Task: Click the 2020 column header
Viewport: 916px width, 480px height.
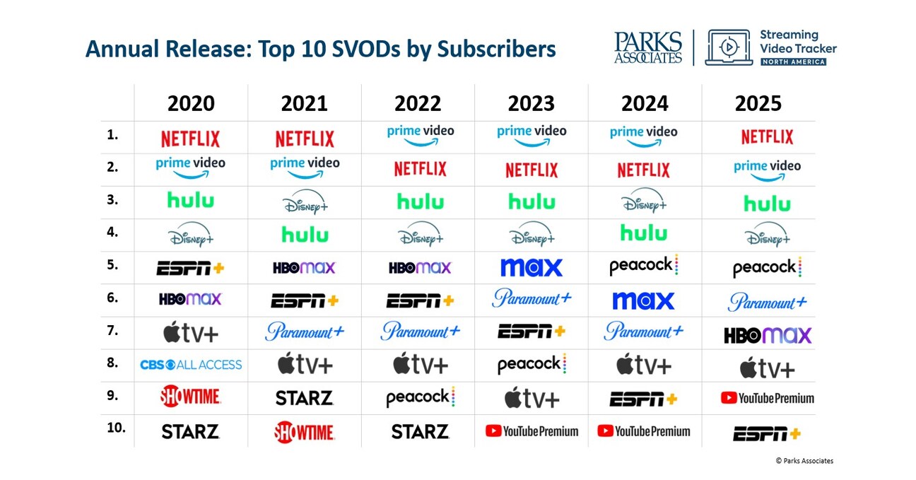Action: click(x=191, y=103)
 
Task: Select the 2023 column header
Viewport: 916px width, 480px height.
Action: click(x=532, y=103)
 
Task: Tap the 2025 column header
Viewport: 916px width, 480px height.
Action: click(x=758, y=103)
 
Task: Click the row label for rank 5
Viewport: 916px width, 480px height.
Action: click(x=112, y=265)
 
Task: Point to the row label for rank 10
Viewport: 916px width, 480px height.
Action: click(x=115, y=428)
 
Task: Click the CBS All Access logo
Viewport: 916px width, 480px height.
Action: click(x=191, y=365)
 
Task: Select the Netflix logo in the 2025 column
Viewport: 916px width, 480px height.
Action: click(x=767, y=136)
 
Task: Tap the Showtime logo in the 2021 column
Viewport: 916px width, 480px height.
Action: click(x=305, y=431)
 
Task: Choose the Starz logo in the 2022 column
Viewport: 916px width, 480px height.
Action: click(x=420, y=431)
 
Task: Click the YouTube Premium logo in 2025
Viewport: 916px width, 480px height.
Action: click(x=767, y=398)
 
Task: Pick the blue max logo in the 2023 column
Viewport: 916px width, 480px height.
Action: click(x=532, y=268)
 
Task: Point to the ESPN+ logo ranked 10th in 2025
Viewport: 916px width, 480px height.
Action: click(x=767, y=433)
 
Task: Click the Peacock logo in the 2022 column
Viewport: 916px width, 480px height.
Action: click(x=420, y=398)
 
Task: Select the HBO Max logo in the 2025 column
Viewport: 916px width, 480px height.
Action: click(x=767, y=335)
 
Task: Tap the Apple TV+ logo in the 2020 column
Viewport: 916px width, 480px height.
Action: click(x=191, y=332)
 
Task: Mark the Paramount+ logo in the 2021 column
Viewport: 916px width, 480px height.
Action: click(x=305, y=332)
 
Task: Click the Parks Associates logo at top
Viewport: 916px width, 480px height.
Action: click(x=647, y=48)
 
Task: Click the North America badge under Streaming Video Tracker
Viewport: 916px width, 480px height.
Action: click(x=792, y=62)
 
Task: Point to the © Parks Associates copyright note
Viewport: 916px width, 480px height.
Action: click(x=804, y=461)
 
